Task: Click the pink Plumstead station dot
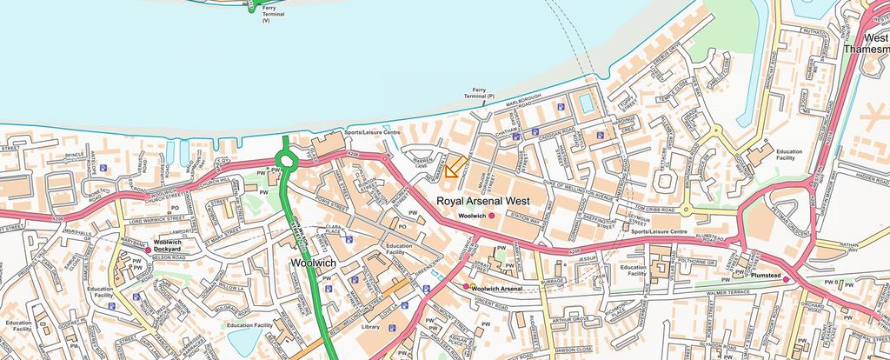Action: (x=786, y=280)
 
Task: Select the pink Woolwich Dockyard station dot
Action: (x=148, y=250)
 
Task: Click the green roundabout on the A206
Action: (x=286, y=160)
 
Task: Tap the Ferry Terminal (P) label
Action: (x=480, y=92)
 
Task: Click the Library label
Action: (x=370, y=327)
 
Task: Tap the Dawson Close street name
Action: (x=580, y=351)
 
